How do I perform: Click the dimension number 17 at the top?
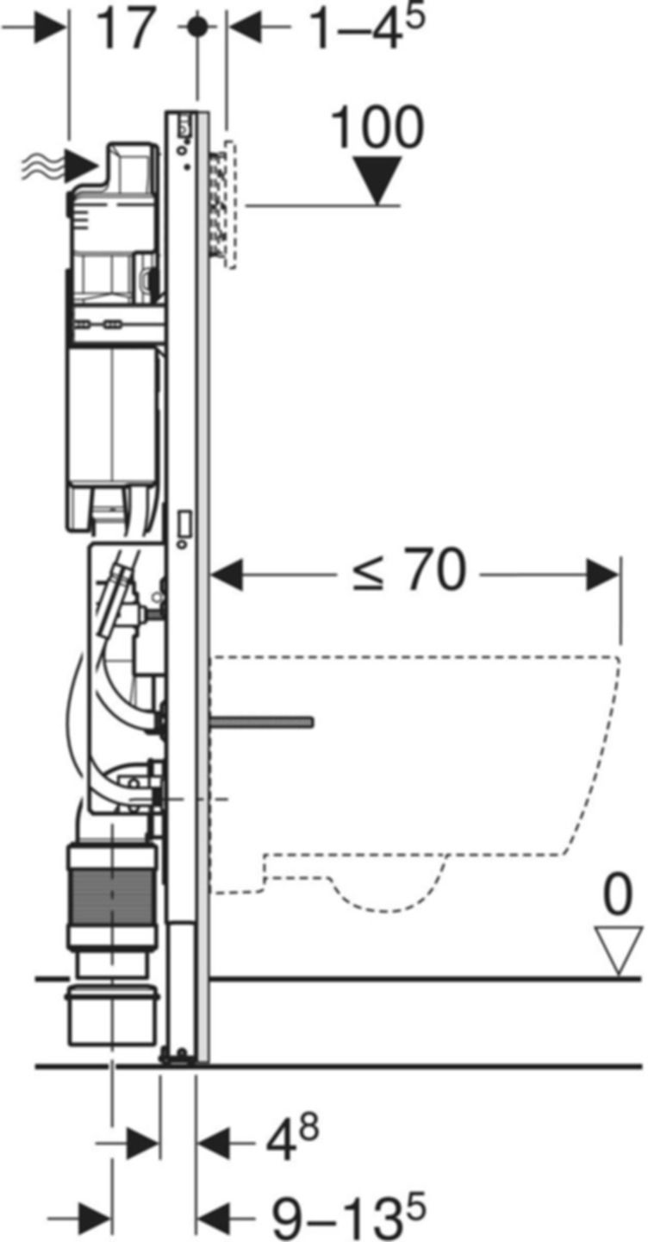(x=127, y=28)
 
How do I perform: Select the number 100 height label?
(x=377, y=129)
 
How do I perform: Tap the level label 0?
(x=617, y=898)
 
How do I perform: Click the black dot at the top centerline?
(x=198, y=27)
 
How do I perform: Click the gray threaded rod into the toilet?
(x=264, y=720)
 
